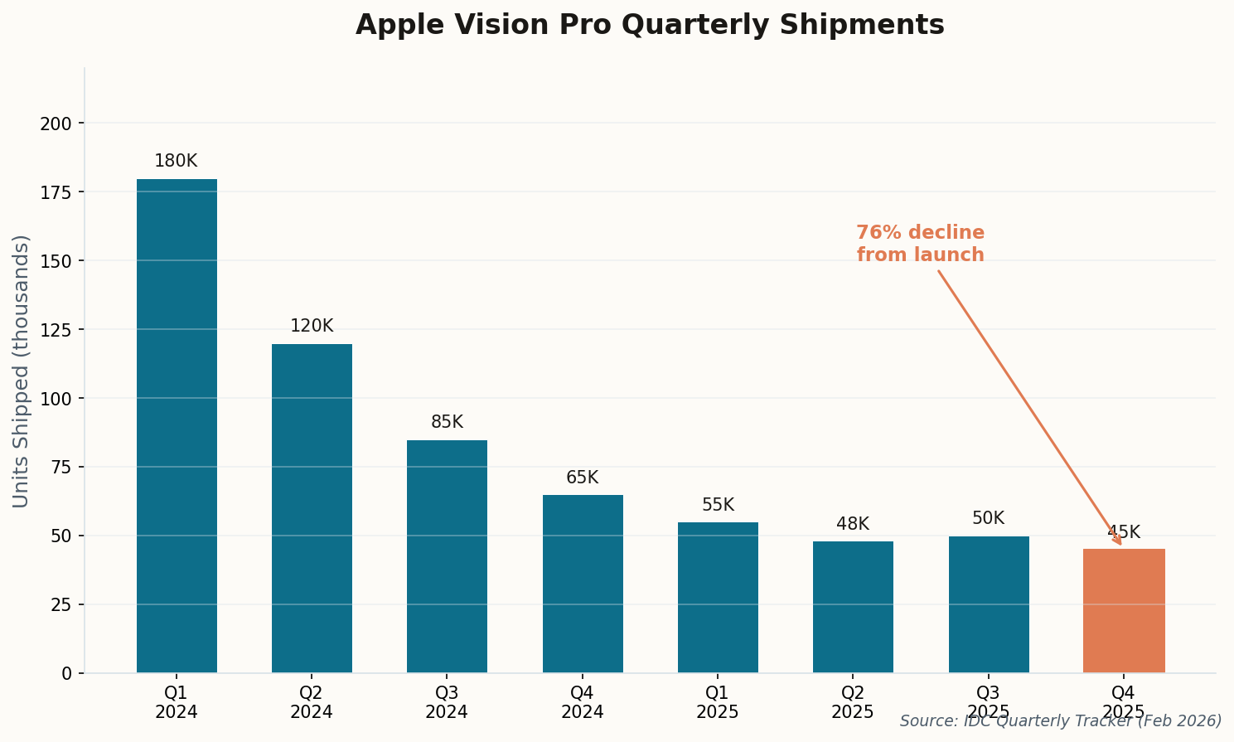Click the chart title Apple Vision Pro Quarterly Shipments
point(650,25)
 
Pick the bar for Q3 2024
point(447,556)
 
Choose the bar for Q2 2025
point(853,607)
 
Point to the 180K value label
point(176,162)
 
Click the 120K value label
point(312,327)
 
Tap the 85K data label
point(447,423)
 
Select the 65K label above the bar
point(582,478)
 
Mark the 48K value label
point(853,525)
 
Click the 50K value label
point(988,519)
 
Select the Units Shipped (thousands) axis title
point(22,371)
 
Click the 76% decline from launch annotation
point(920,244)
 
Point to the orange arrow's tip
point(1121,545)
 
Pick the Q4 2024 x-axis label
point(582,702)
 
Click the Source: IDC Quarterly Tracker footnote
point(1061,721)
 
